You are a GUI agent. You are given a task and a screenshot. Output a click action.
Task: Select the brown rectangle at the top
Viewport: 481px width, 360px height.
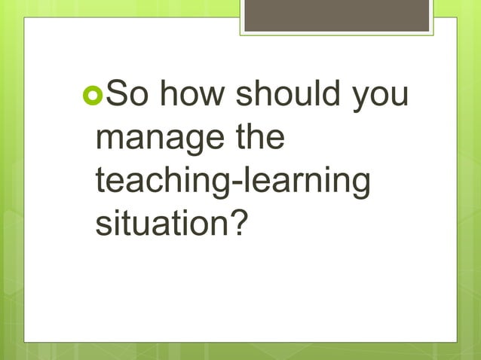[x=337, y=15]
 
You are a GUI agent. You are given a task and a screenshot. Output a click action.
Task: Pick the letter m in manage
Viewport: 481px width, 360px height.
[x=110, y=144]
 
